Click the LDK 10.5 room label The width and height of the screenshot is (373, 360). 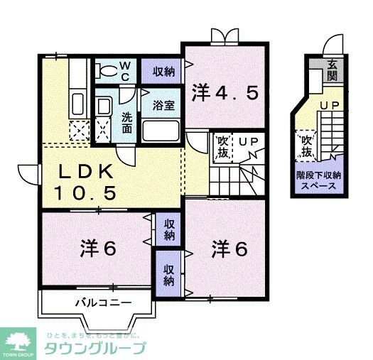89,182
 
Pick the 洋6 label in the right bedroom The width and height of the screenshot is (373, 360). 229,249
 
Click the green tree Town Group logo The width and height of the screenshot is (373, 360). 18,342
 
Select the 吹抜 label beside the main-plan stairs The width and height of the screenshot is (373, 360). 222,148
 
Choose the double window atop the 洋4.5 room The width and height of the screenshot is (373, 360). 223,35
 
